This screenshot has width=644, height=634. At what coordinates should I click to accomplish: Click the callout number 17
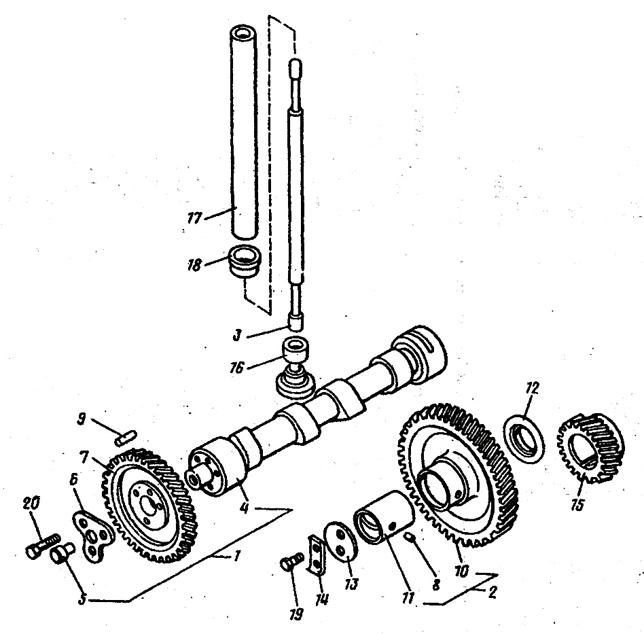[x=195, y=217]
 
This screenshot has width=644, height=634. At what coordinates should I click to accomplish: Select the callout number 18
[x=194, y=264]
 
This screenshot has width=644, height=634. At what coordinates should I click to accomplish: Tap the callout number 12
[x=532, y=388]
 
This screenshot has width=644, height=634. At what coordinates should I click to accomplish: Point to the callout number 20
[x=32, y=504]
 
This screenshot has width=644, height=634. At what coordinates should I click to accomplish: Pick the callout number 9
[x=82, y=419]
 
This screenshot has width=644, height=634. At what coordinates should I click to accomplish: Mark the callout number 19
[x=296, y=614]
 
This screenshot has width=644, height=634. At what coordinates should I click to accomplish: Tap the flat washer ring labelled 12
[x=524, y=439]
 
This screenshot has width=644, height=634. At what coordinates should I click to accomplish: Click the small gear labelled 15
[x=590, y=448]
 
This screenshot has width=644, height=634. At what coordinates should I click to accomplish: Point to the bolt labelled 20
[x=42, y=546]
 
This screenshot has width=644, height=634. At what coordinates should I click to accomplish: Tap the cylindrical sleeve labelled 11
[x=383, y=517]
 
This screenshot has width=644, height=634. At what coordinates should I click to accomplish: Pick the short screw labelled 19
[x=292, y=561]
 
